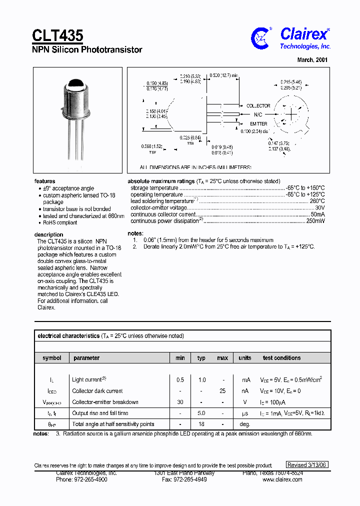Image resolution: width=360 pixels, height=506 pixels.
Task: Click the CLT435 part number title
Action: [58, 35]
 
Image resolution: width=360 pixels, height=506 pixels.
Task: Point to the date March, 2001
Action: [312, 59]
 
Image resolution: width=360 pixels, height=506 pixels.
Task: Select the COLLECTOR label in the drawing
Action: [258, 106]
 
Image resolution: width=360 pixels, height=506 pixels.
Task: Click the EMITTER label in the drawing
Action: [258, 123]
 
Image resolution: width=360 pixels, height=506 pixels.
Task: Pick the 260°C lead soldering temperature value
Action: [317, 201]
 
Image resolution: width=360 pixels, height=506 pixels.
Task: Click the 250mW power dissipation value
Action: [315, 220]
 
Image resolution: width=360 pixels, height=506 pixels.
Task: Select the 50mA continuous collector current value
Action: [317, 214]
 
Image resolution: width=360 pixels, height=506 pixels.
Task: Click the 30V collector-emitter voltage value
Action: [320, 207]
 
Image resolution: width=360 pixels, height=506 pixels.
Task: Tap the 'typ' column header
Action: [201, 358]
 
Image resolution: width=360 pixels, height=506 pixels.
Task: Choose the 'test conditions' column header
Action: [281, 358]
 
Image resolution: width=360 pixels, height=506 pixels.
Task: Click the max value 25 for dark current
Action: [222, 391]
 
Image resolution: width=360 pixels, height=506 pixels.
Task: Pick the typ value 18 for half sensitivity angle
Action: [201, 424]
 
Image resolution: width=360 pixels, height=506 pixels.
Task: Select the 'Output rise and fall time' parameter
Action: [100, 413]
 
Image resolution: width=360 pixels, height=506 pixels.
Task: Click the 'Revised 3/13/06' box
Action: [307, 464]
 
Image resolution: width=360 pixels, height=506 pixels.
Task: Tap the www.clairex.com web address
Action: [282, 479]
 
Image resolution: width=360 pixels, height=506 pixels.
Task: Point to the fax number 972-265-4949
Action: [184, 479]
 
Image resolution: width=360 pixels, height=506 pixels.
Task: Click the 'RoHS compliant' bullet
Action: [60, 223]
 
